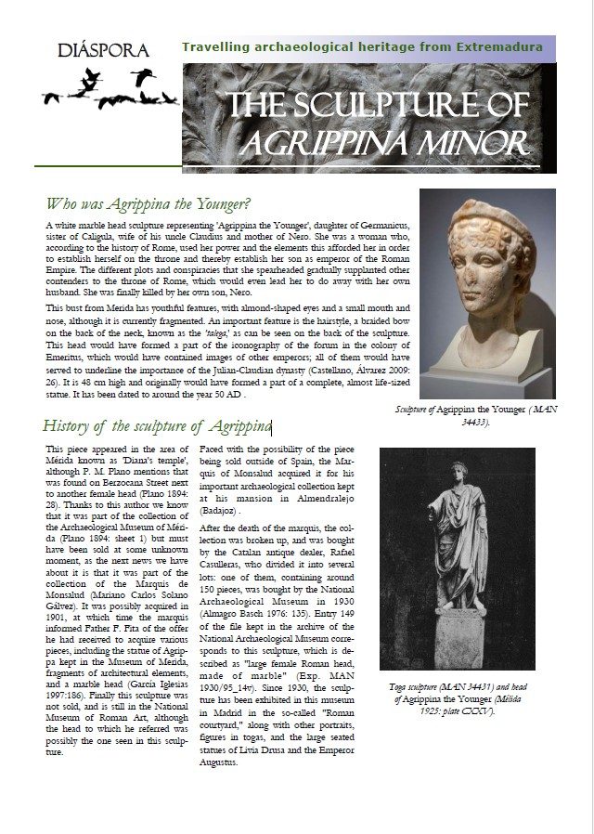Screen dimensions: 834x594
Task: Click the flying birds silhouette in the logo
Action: coord(110,89)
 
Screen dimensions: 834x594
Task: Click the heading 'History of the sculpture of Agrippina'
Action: coord(156,426)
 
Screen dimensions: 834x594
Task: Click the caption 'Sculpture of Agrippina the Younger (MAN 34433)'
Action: coord(488,415)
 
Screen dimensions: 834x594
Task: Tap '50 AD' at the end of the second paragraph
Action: coord(226,395)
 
